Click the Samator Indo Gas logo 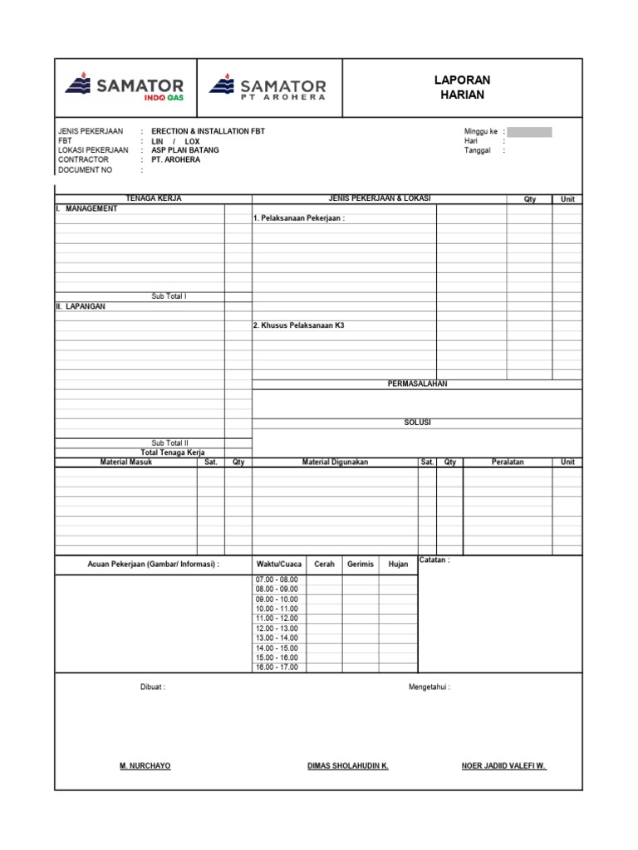point(125,87)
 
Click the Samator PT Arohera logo point(267,87)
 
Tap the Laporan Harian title point(463,87)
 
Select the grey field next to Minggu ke point(529,132)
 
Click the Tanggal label point(478,151)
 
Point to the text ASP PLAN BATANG point(185,151)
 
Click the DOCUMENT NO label point(85,170)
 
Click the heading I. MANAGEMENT point(86,209)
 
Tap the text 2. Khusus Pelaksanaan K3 point(298,326)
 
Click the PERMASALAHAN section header point(417,384)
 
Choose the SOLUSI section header point(417,423)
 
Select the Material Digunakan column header point(335,462)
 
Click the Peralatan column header point(508,462)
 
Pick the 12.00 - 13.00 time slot point(277,628)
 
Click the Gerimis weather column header point(361,564)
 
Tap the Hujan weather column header point(399,564)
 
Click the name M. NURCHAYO point(145,766)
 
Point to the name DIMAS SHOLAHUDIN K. point(348,766)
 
